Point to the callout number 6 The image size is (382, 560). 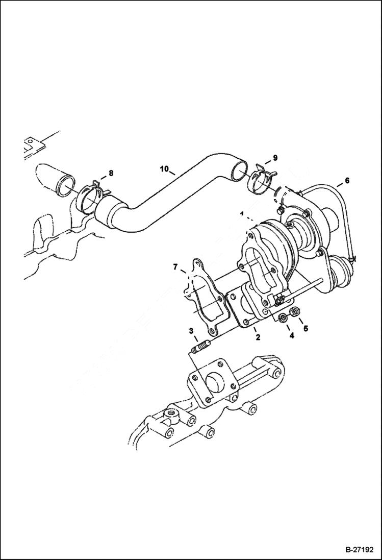(x=347, y=180)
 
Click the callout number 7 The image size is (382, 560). (x=175, y=266)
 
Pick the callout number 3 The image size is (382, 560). (x=191, y=331)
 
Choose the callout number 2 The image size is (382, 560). (x=258, y=337)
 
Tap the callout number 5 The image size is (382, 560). (x=306, y=329)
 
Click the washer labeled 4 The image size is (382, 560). (x=282, y=320)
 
